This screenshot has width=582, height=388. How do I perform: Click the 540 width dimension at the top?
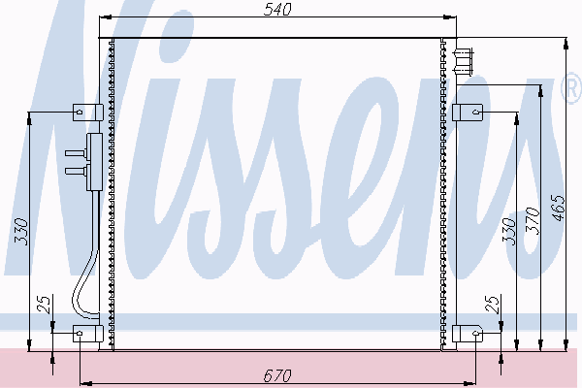pyautogui.click(x=277, y=10)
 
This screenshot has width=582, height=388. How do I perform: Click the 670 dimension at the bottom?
pyautogui.click(x=277, y=375)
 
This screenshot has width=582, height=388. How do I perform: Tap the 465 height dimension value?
pyautogui.click(x=559, y=208)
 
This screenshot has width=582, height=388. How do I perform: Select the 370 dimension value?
pyautogui.click(x=533, y=221)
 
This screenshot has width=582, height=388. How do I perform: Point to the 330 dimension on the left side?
pyautogui.click(x=21, y=232)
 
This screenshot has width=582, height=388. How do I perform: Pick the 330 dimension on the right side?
pyautogui.click(x=509, y=232)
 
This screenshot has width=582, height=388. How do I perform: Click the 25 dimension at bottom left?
pyautogui.click(x=44, y=305)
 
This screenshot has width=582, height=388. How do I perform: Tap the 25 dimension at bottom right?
pyautogui.click(x=492, y=305)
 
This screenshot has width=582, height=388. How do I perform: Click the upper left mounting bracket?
pyautogui.click(x=87, y=113)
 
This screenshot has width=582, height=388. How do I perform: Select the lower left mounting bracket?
pyautogui.click(x=87, y=334)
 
